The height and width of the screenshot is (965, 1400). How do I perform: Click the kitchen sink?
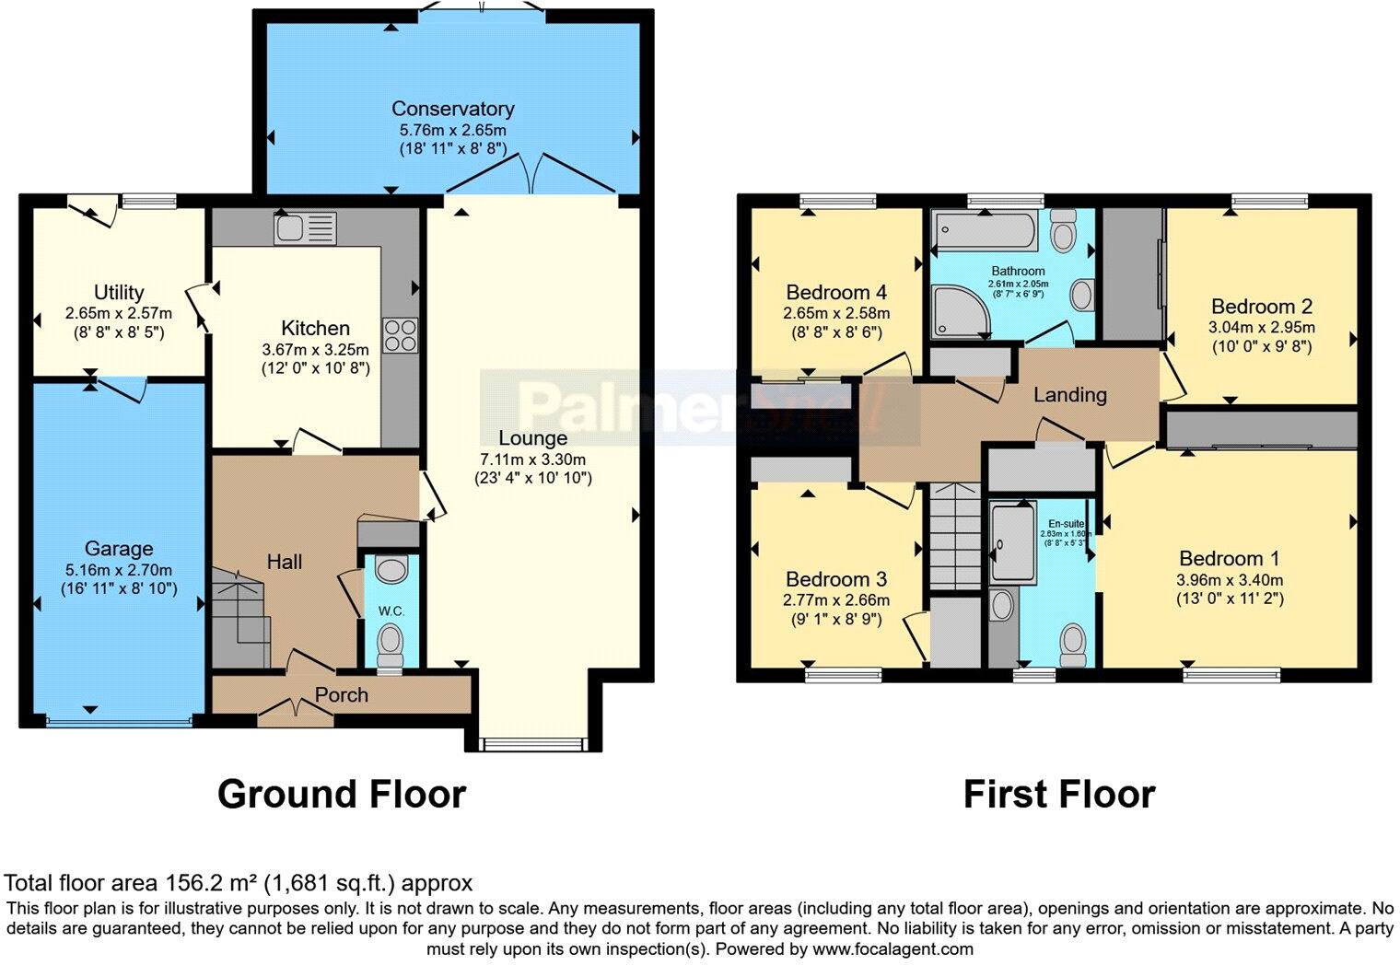point(305,227)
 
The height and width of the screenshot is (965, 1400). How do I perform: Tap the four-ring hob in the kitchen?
point(400,334)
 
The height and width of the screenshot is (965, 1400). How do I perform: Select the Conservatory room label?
point(452,109)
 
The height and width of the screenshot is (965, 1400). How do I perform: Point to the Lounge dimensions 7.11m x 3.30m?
point(532,459)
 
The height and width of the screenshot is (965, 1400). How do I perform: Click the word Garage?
point(119,550)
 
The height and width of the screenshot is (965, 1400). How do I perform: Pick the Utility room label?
point(119,292)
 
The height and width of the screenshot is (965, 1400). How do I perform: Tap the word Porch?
point(342,695)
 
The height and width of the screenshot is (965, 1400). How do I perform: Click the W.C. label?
point(391,610)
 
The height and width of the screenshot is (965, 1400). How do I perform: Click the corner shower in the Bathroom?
point(958,311)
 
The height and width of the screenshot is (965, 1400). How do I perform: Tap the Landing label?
point(1069,395)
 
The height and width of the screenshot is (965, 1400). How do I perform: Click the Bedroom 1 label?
point(1229,558)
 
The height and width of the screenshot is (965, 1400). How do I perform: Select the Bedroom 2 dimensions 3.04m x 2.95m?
point(1261,328)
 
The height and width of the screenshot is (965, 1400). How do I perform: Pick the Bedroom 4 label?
point(836,293)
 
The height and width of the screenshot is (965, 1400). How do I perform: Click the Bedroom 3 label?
point(836,579)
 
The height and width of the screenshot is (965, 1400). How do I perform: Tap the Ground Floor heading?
point(342,794)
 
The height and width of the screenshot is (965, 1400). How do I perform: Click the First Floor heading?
point(1059,794)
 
